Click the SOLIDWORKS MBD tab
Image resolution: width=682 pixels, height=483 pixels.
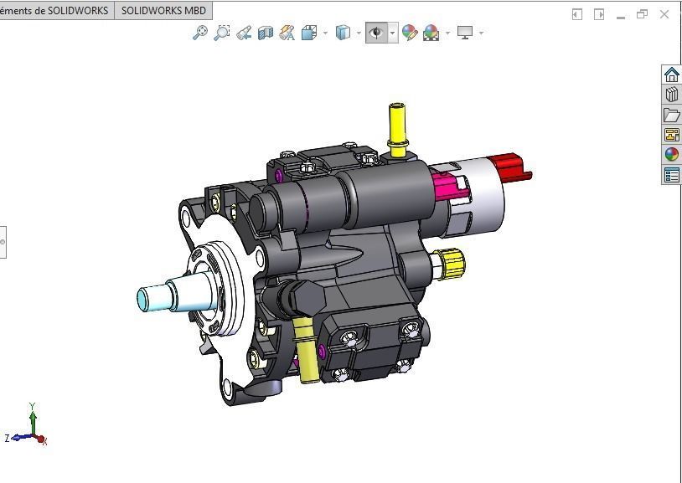(163, 11)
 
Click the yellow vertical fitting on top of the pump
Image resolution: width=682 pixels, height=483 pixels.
(396, 126)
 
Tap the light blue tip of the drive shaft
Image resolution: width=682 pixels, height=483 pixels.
(150, 297)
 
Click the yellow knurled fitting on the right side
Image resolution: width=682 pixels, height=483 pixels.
(452, 264)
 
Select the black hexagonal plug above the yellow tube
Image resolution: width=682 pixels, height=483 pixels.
(299, 296)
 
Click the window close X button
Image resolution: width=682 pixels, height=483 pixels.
(665, 14)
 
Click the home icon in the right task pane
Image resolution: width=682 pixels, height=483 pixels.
(671, 75)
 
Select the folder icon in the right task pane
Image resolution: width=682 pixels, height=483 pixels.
(671, 115)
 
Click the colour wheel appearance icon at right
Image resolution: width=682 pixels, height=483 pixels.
(671, 154)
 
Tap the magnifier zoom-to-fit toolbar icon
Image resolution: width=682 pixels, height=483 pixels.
(200, 33)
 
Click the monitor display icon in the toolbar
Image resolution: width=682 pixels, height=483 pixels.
(465, 33)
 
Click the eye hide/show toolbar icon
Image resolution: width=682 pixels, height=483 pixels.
(376, 33)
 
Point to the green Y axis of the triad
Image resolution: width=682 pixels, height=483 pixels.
(33, 419)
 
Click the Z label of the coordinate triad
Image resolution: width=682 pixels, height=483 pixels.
(8, 438)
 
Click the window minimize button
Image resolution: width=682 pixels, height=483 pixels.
(621, 14)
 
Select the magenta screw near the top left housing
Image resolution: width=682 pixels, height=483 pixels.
(278, 174)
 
